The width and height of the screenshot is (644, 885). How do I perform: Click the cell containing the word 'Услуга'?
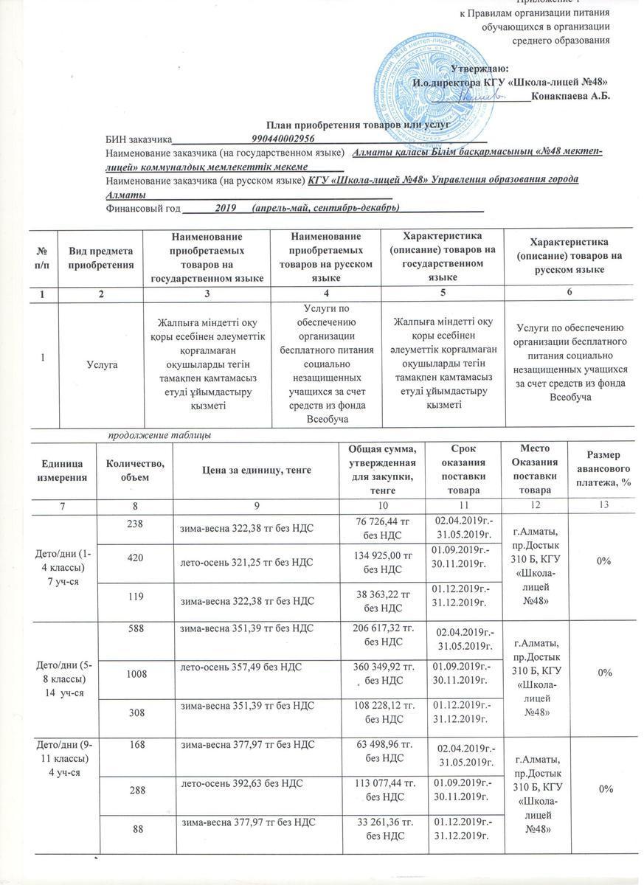click(x=100, y=363)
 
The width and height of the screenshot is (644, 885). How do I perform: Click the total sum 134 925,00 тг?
click(x=382, y=562)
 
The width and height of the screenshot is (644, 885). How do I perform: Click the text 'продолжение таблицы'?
click(x=160, y=435)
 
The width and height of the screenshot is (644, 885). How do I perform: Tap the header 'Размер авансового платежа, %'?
click(x=603, y=469)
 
